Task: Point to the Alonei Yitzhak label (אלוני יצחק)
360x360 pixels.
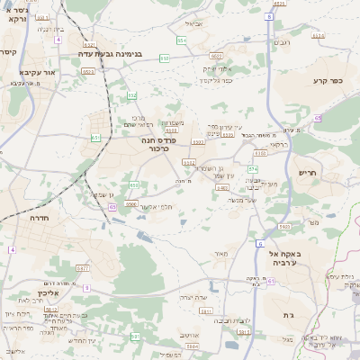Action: [x=219, y=68]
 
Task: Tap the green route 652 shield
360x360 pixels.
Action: [x=132, y=95]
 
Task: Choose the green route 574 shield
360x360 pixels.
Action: [x=254, y=168]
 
